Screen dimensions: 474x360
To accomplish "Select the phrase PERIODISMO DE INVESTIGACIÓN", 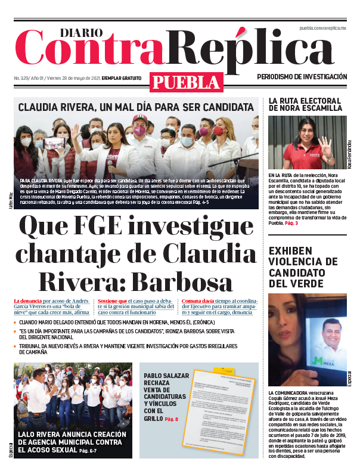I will click(302, 77).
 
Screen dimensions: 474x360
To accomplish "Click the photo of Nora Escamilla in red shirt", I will click(305, 142).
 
